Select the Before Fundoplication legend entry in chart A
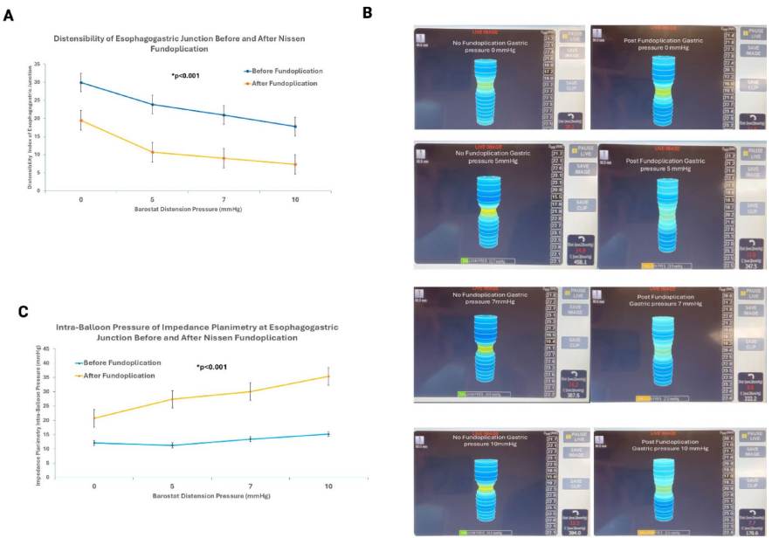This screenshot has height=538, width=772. point(287,70)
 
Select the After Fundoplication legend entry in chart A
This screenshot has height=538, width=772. point(285,83)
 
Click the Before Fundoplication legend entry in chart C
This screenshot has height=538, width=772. point(122,362)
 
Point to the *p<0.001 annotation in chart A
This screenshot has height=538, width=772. point(185,76)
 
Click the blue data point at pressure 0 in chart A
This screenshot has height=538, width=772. point(81,83)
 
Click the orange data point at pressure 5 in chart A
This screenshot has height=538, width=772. point(153,152)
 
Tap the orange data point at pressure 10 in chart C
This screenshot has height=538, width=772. point(328,376)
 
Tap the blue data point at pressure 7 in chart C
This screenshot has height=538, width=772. point(251,439)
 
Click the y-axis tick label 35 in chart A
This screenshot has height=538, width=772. point(62,66)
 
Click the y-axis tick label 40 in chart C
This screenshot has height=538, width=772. point(50,349)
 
